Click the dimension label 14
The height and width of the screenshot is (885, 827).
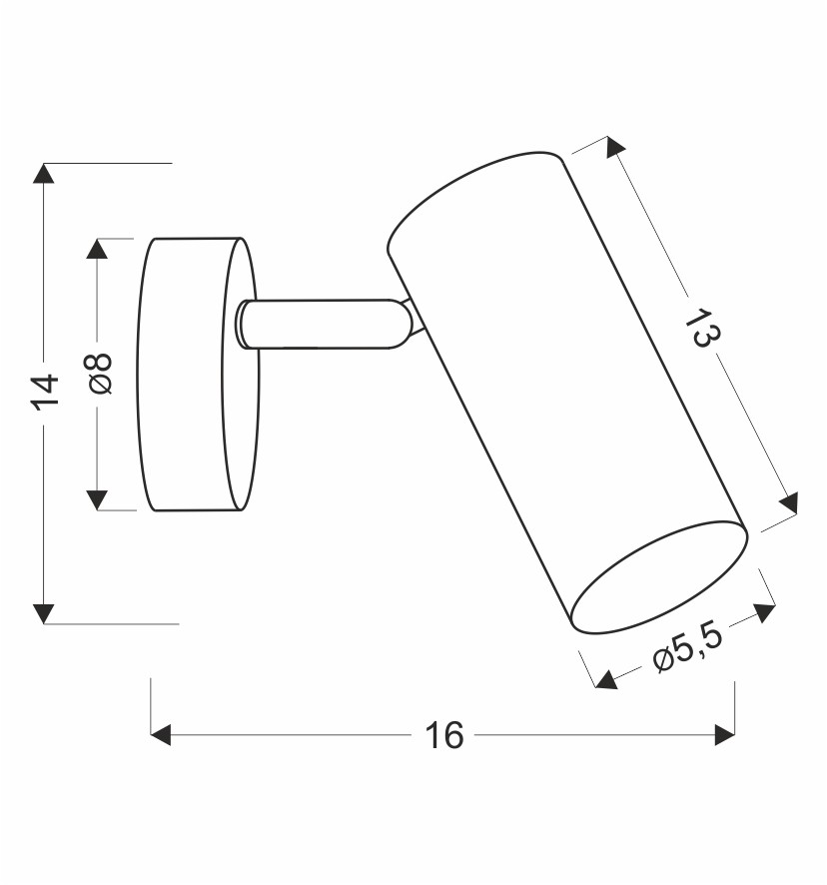point(45,392)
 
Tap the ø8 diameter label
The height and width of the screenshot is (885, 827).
point(99,374)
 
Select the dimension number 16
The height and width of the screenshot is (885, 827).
point(443,735)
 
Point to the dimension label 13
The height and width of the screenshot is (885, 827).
point(702,328)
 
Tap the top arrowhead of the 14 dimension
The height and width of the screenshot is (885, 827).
point(44,173)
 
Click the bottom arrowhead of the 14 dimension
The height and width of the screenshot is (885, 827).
point(44,613)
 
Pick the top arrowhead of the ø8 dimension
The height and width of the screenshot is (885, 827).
point(97,249)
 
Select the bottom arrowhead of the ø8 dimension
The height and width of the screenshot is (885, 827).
point(97,500)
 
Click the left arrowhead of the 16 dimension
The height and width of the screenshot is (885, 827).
point(161,735)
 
